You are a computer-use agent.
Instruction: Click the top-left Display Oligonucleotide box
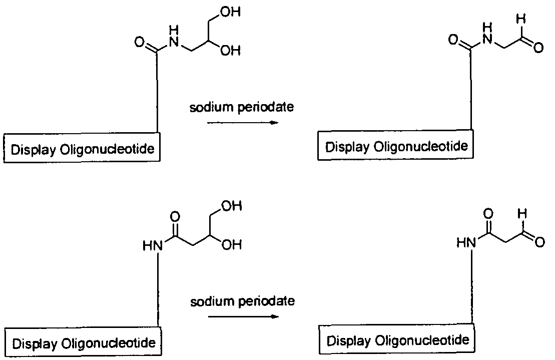(x=83, y=149)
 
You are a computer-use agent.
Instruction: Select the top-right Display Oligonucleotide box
(x=396, y=147)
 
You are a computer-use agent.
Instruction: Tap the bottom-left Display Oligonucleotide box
(x=83, y=343)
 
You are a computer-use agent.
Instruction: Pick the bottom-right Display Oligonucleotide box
(x=398, y=340)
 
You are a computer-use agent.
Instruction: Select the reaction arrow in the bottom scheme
(x=243, y=316)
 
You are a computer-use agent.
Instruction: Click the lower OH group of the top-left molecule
(x=231, y=51)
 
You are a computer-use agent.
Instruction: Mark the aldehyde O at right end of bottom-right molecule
(x=539, y=243)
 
